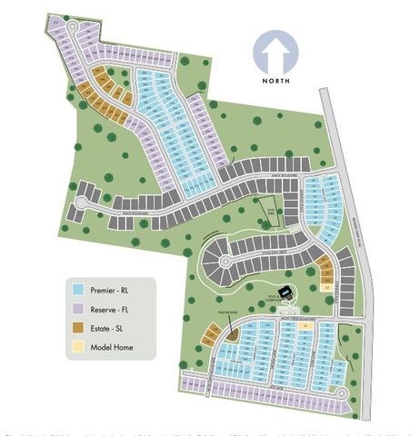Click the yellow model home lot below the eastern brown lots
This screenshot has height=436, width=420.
click(x=327, y=288)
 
